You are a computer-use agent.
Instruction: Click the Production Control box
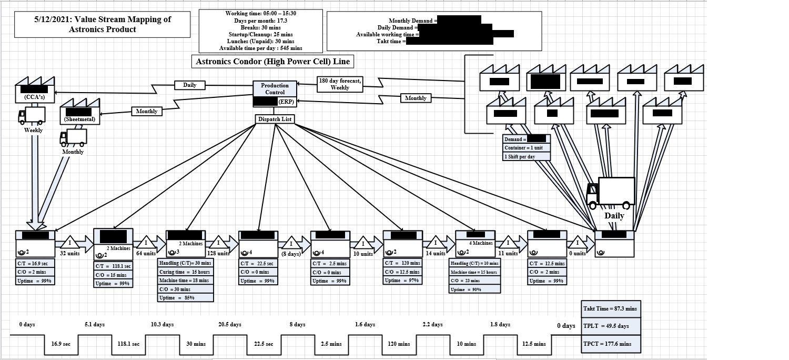coord(275,89)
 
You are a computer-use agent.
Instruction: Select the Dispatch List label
coord(275,119)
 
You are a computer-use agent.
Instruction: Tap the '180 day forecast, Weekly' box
coord(340,84)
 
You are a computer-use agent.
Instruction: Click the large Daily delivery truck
coord(611,193)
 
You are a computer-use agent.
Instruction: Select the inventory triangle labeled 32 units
coord(70,243)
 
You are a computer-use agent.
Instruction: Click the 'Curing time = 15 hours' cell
coord(186,272)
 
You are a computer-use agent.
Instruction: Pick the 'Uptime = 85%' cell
coord(186,297)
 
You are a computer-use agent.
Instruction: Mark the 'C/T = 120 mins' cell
coord(403,263)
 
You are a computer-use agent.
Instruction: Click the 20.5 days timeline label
coord(230,325)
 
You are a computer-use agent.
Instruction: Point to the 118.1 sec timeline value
coord(128,344)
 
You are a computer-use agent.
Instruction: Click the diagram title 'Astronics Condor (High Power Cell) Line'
coord(272,62)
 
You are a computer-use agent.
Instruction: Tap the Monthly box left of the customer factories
coord(416,98)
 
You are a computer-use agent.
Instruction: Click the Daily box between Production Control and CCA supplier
coord(189,85)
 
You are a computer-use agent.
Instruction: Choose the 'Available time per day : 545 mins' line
coord(260,48)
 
